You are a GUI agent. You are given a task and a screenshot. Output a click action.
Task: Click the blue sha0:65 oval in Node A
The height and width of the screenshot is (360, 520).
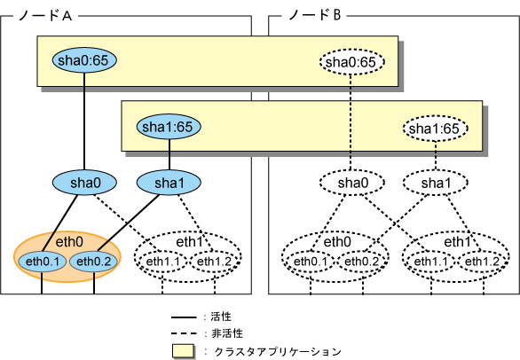pyautogui.click(x=84, y=60)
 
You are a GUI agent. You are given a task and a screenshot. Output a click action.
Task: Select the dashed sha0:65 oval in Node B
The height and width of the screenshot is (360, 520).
pyautogui.click(x=351, y=62)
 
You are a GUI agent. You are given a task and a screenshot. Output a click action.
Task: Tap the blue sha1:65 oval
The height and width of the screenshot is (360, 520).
pyautogui.click(x=169, y=127)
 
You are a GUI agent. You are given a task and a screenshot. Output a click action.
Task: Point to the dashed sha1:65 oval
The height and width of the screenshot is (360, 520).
pyautogui.click(x=435, y=129)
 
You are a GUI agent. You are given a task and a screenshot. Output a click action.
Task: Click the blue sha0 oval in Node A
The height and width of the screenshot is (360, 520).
pyautogui.click(x=84, y=183)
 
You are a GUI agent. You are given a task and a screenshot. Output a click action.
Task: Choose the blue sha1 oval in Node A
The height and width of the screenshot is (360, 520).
pyautogui.click(x=169, y=183)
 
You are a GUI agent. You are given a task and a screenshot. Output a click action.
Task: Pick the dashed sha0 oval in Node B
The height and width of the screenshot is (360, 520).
pyautogui.click(x=352, y=183)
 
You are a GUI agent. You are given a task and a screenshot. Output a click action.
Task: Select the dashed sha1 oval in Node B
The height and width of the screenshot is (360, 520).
pyautogui.click(x=436, y=183)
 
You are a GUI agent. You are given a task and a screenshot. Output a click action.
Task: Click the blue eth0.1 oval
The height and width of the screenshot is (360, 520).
pyautogui.click(x=42, y=262)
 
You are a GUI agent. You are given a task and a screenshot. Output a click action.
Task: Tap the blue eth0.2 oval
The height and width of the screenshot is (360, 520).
pyautogui.click(x=93, y=262)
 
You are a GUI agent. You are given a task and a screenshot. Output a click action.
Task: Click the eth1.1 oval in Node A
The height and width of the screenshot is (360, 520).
pyautogui.click(x=162, y=262)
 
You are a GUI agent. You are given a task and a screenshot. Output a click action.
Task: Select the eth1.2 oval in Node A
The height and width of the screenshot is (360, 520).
pyautogui.click(x=214, y=262)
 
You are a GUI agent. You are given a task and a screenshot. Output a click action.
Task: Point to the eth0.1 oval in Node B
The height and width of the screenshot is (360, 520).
pyautogui.click(x=311, y=262)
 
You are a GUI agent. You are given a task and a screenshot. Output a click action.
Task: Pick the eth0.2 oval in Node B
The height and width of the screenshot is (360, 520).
pyautogui.click(x=362, y=262)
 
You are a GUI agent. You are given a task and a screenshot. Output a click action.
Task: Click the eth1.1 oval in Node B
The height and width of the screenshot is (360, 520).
pyautogui.click(x=431, y=262)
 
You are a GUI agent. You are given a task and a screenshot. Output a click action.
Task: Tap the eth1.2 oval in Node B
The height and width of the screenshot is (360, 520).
pyautogui.click(x=483, y=262)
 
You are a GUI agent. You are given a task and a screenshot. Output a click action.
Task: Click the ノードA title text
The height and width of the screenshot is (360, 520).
pyautogui.click(x=45, y=15)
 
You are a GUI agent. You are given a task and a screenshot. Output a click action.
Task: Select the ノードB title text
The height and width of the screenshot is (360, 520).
pyautogui.click(x=315, y=15)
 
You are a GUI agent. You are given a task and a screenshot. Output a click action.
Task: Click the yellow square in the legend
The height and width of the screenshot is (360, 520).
pyautogui.click(x=183, y=351)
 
